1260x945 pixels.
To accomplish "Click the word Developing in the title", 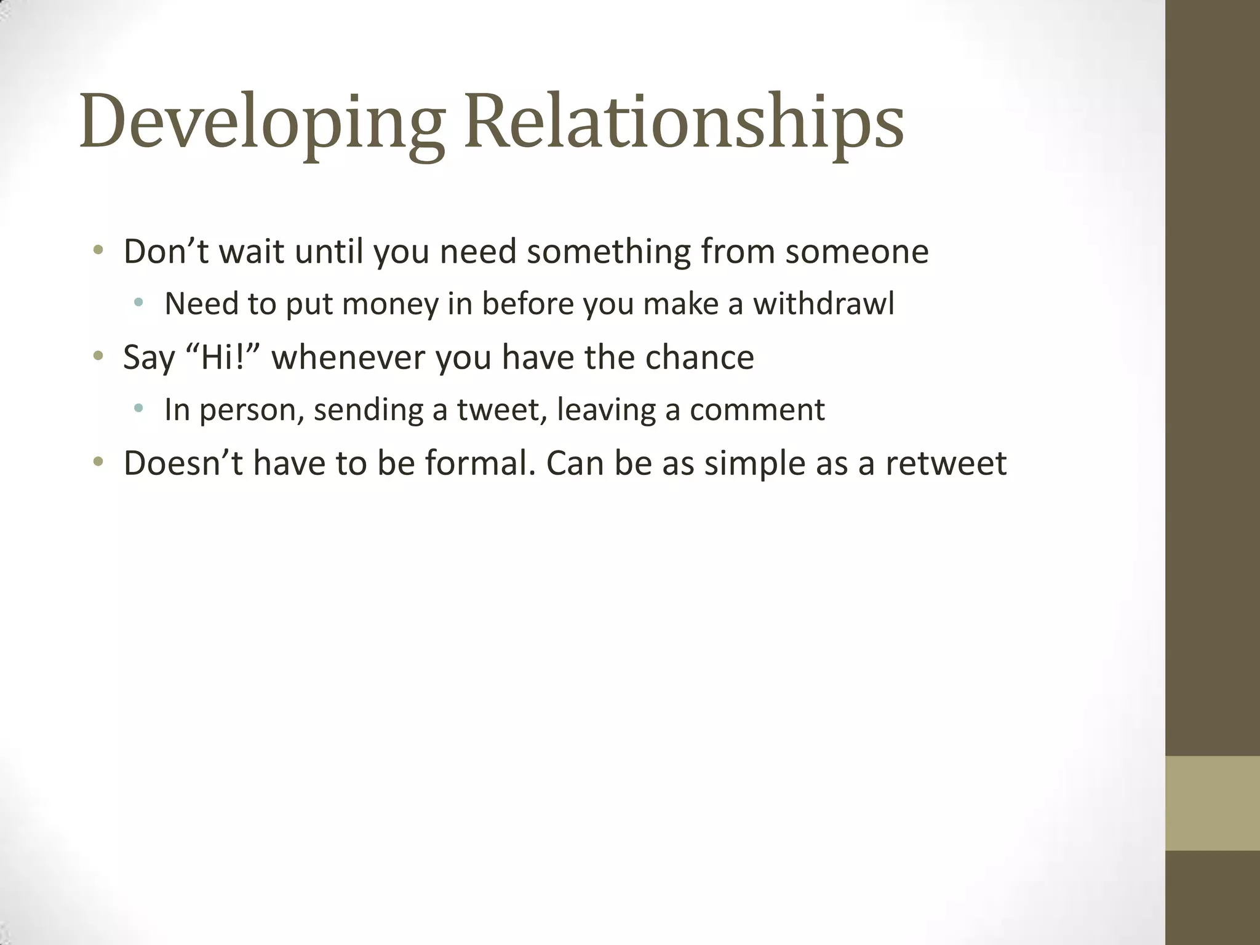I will click(x=261, y=123).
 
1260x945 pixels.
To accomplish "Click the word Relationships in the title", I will click(x=684, y=123).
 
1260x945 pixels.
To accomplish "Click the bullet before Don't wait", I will click(x=98, y=250).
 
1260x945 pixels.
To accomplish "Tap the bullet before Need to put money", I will click(x=139, y=303).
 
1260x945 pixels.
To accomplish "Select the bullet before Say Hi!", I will click(x=98, y=356).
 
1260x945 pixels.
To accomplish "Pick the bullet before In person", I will click(x=139, y=408).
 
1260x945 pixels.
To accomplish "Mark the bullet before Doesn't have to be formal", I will click(x=98, y=462).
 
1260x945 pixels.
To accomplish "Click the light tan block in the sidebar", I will click(x=1212, y=803).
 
